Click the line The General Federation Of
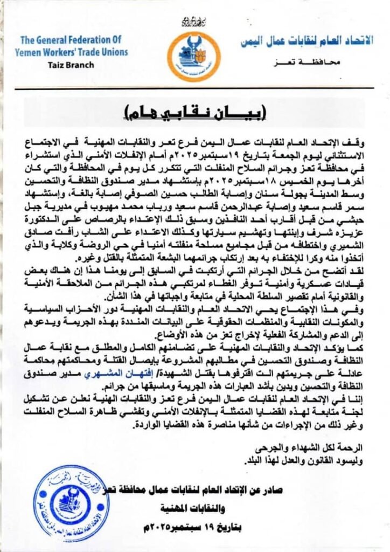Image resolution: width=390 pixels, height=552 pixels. click(x=72, y=40)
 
